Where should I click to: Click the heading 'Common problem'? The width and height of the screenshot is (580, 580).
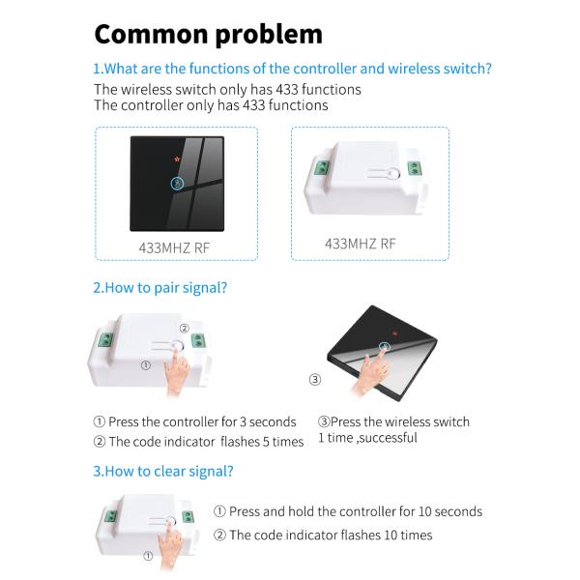pyautogui.click(x=208, y=35)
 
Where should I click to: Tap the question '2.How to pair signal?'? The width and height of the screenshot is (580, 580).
pyautogui.click(x=159, y=287)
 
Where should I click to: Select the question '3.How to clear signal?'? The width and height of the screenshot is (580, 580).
pyautogui.click(x=163, y=471)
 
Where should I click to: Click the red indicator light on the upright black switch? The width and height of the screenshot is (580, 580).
pyautogui.click(x=177, y=159)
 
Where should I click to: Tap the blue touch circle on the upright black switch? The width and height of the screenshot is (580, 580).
pyautogui.click(x=177, y=184)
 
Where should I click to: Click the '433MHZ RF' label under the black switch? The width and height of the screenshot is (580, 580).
pyautogui.click(x=174, y=247)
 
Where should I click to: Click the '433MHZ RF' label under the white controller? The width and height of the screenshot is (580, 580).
pyautogui.click(x=361, y=244)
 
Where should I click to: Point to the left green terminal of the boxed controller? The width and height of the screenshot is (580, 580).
pyautogui.click(x=322, y=167)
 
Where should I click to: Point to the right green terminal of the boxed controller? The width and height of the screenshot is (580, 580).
pyautogui.click(x=415, y=168)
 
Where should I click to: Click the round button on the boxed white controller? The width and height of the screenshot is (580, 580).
pyautogui.click(x=394, y=173)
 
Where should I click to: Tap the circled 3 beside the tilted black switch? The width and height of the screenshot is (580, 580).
pyautogui.click(x=315, y=379)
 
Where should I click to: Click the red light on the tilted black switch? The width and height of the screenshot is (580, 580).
pyautogui.click(x=394, y=333)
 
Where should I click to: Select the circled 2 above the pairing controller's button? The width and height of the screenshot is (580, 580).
pyautogui.click(x=185, y=328)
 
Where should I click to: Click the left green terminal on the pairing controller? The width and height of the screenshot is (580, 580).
pyautogui.click(x=105, y=340)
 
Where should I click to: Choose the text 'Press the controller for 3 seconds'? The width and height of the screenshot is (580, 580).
pyautogui.click(x=202, y=421)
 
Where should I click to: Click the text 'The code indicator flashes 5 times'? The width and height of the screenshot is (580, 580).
pyautogui.click(x=206, y=442)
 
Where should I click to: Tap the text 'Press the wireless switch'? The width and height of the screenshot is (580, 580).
pyautogui.click(x=400, y=421)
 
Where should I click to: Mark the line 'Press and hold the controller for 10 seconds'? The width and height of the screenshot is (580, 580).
pyautogui.click(x=356, y=511)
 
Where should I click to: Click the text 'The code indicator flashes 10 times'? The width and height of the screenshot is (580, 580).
pyautogui.click(x=331, y=535)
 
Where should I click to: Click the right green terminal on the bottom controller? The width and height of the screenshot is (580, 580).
pyautogui.click(x=188, y=517)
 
